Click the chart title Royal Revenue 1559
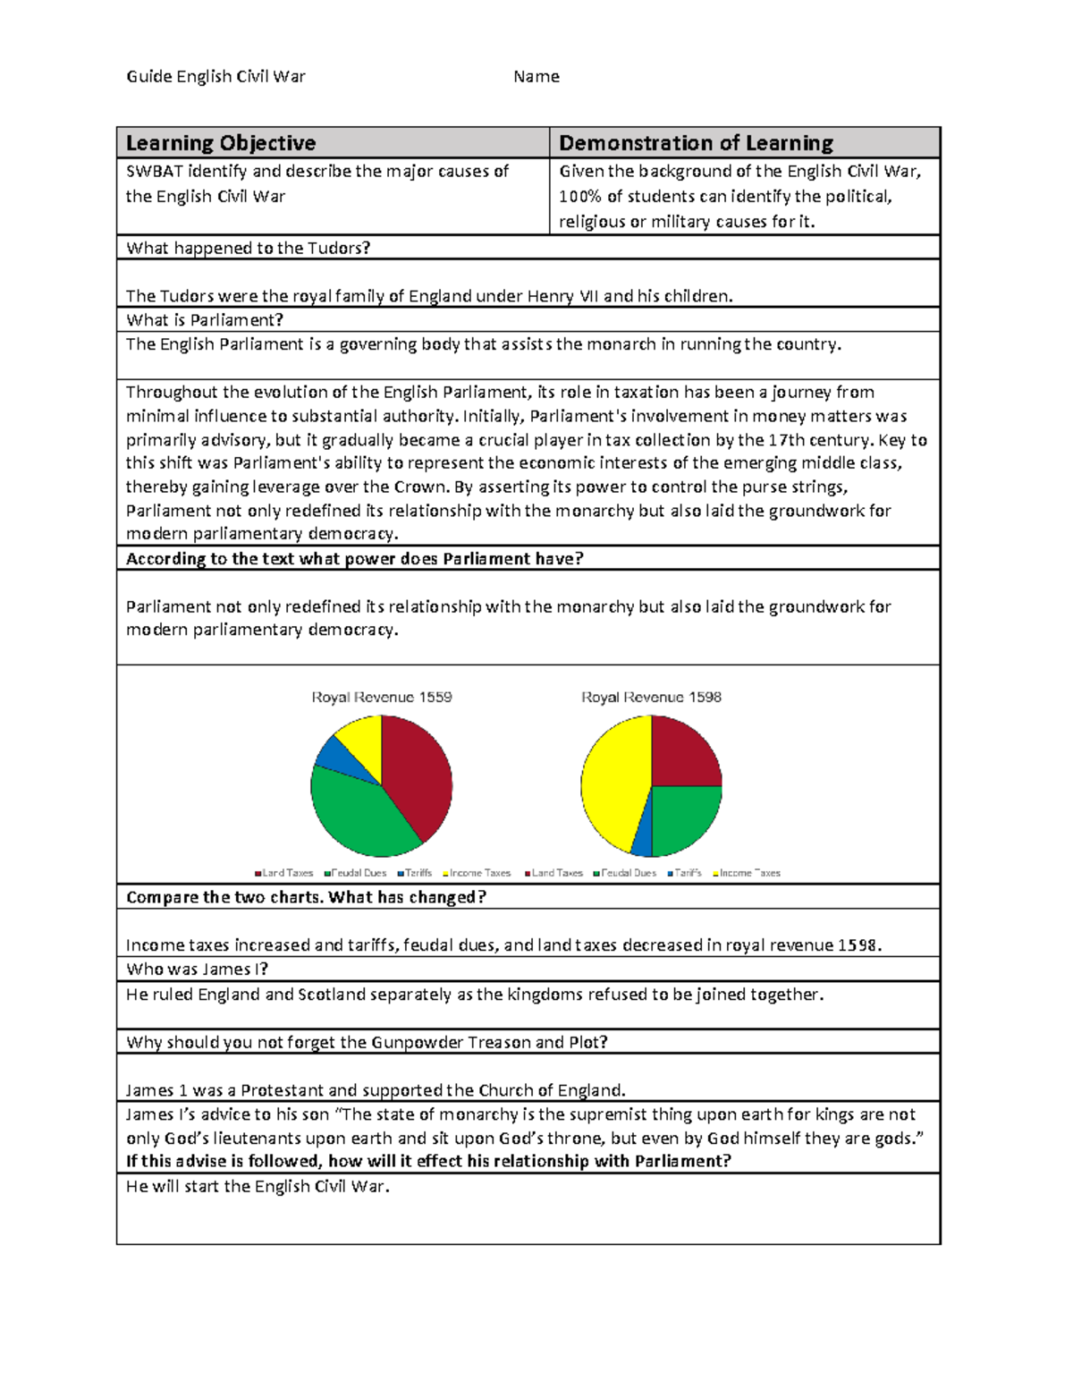coord(382,697)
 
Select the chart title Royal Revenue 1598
coord(651,697)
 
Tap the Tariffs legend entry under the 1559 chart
coord(415,873)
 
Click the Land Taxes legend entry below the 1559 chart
coord(284,873)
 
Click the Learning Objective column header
coord(221,143)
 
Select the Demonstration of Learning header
coord(696,143)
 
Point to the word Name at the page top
coord(536,77)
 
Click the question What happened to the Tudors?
coord(248,249)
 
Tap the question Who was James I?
coord(197,970)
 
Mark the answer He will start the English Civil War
coord(258,1187)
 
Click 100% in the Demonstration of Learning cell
coord(579,197)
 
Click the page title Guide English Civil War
coord(215,77)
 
